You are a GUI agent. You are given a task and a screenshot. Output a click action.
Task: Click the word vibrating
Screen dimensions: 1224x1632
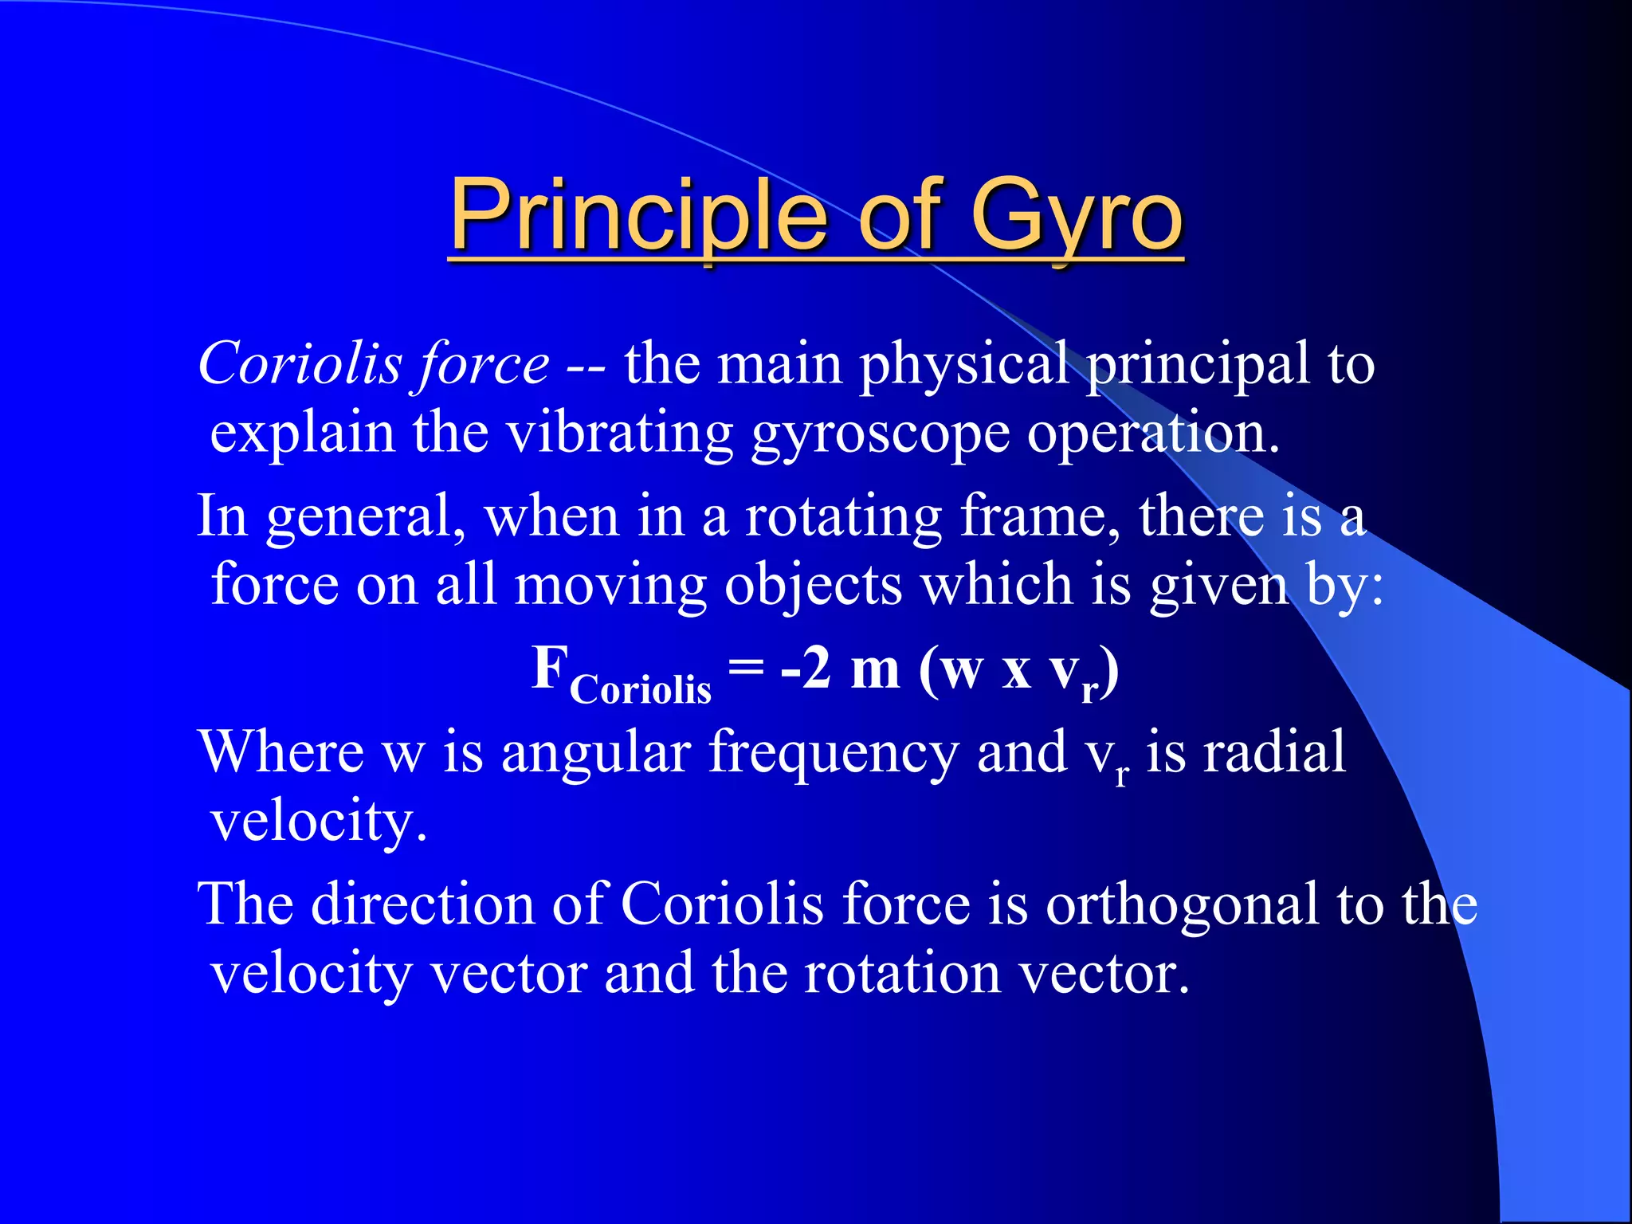(619, 435)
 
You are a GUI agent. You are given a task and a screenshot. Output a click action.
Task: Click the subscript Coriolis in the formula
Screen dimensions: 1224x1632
(640, 690)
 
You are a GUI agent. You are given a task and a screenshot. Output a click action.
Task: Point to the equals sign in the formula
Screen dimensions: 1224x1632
(747, 666)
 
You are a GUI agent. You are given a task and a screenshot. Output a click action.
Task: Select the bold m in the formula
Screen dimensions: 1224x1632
(875, 669)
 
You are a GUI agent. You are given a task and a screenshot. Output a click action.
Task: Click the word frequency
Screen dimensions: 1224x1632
(834, 754)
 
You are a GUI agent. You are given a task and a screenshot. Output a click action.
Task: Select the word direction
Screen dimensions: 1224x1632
(422, 905)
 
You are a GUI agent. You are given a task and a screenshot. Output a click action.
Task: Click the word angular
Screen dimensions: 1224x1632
(596, 754)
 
